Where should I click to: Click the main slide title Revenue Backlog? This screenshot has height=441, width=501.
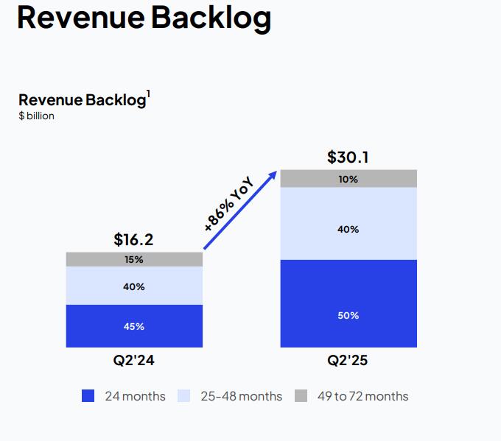click(144, 18)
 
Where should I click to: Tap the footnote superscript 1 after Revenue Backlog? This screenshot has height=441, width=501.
click(148, 94)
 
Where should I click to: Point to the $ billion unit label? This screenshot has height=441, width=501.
click(36, 116)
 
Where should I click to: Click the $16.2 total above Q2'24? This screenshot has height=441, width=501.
click(133, 239)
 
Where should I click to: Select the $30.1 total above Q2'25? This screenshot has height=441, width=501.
click(348, 158)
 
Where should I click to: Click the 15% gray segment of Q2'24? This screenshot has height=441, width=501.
click(133, 259)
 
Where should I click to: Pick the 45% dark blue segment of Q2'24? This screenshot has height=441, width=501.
click(133, 326)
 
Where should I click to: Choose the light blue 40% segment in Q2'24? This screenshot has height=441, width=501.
click(133, 286)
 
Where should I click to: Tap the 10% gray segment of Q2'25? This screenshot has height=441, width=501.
click(348, 179)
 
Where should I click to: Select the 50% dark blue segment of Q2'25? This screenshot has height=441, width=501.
click(348, 315)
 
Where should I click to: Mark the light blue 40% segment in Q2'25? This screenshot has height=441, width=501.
click(348, 229)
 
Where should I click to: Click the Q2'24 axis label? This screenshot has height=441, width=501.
click(133, 361)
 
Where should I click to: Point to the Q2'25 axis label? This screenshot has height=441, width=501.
click(348, 361)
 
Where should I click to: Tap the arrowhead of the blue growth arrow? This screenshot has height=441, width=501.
click(273, 174)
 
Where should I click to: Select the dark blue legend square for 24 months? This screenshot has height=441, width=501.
click(88, 396)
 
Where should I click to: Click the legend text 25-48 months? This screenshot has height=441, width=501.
click(241, 396)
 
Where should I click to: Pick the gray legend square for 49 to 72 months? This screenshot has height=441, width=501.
click(301, 396)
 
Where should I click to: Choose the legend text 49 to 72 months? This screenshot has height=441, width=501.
click(362, 396)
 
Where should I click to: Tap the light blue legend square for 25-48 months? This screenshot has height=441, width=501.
click(183, 396)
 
